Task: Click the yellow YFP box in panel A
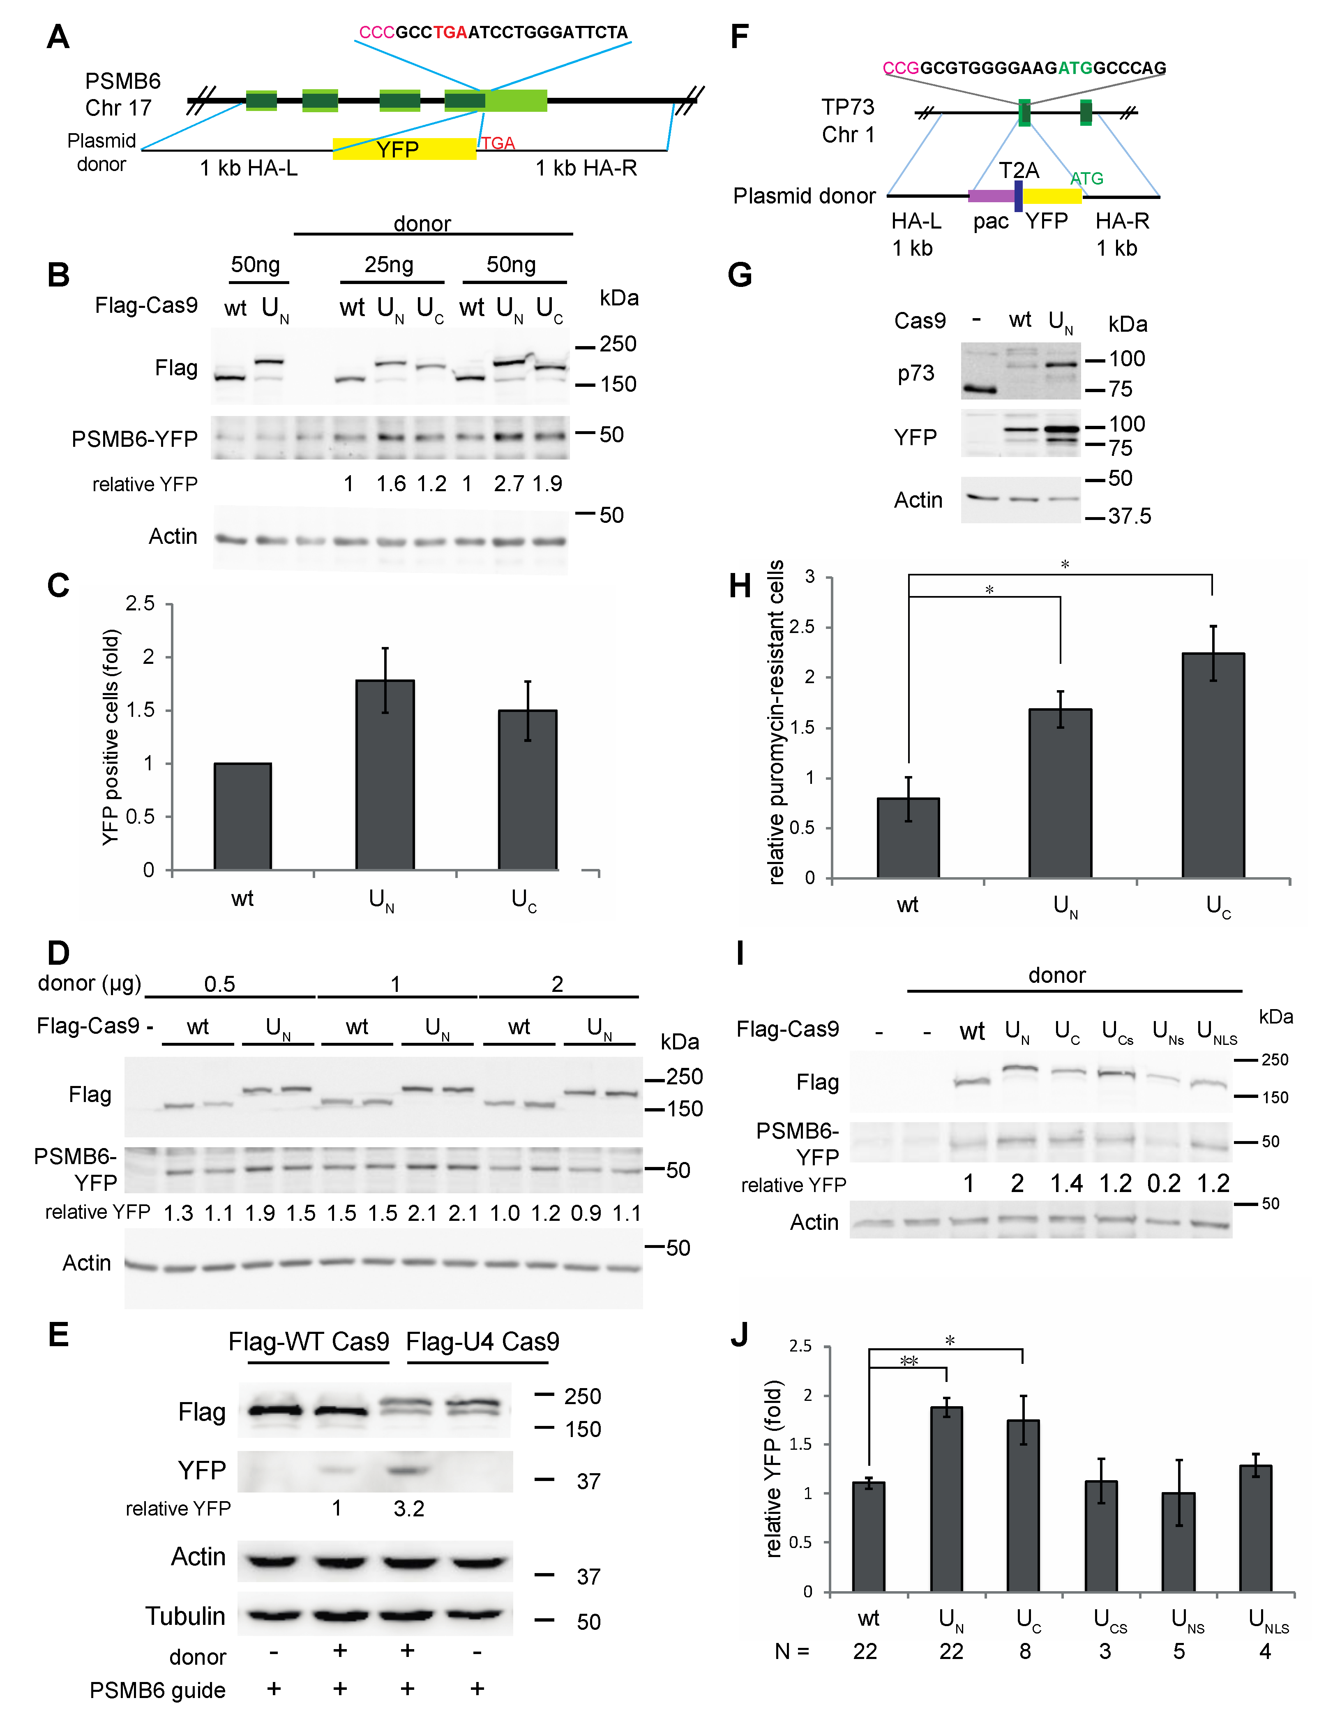point(404,149)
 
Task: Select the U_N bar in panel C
point(385,775)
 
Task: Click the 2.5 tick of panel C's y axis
point(140,604)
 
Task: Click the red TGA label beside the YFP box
point(498,143)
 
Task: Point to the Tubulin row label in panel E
point(186,1616)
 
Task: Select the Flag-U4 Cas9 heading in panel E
point(482,1341)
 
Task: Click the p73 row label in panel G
point(916,373)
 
